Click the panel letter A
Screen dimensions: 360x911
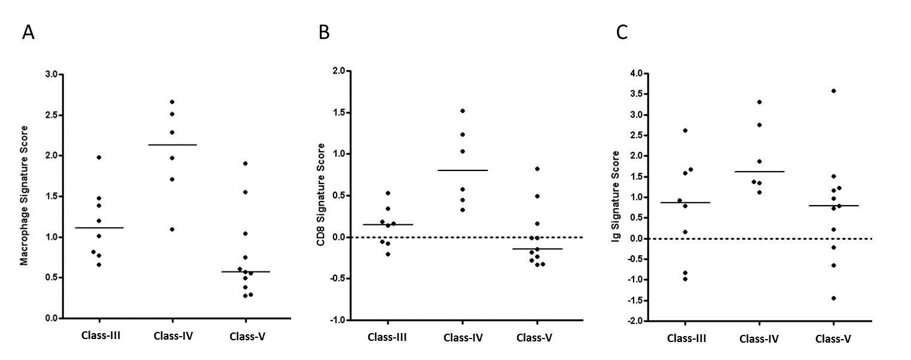[x=28, y=32]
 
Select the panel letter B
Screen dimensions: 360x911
[x=324, y=32]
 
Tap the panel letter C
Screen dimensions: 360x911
[x=622, y=32]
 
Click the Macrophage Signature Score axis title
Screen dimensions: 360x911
[x=25, y=197]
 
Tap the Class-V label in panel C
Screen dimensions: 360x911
[x=833, y=338]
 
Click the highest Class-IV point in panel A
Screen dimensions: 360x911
[x=172, y=102]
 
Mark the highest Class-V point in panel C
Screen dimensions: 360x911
[x=833, y=91]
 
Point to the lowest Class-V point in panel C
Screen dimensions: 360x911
[x=833, y=298]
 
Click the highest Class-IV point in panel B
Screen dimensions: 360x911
[x=463, y=111]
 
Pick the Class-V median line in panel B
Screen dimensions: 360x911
[x=537, y=249]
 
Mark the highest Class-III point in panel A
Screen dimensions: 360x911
[x=99, y=157]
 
